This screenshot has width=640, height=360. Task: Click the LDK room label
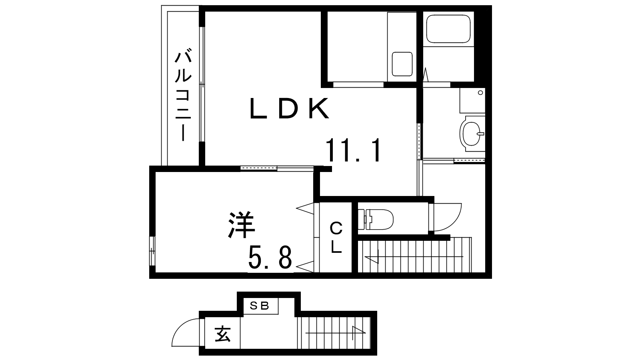coord(290,108)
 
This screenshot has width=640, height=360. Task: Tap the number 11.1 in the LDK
coord(353,150)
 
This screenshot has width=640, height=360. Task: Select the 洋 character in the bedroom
coord(242,224)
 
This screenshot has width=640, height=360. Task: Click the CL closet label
coord(336,238)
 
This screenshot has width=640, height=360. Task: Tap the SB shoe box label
coord(260,306)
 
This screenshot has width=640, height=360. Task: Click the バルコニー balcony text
coord(183,96)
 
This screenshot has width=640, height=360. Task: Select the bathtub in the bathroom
coord(448,29)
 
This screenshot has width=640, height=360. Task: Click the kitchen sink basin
coord(402,64)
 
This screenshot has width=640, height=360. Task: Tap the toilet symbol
coord(376,220)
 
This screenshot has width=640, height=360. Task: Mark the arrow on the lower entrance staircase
coord(336,333)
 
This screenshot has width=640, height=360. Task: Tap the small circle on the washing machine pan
coord(480,92)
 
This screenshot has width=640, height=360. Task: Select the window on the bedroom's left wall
coord(152,251)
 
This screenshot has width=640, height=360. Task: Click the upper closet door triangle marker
coord(305,208)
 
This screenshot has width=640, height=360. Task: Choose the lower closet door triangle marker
coord(305,267)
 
